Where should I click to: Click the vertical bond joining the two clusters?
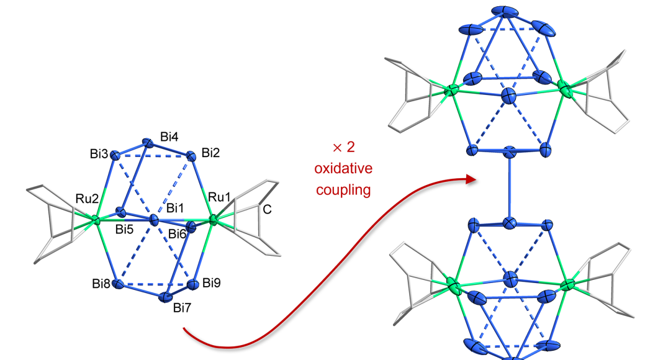point(509,186)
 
